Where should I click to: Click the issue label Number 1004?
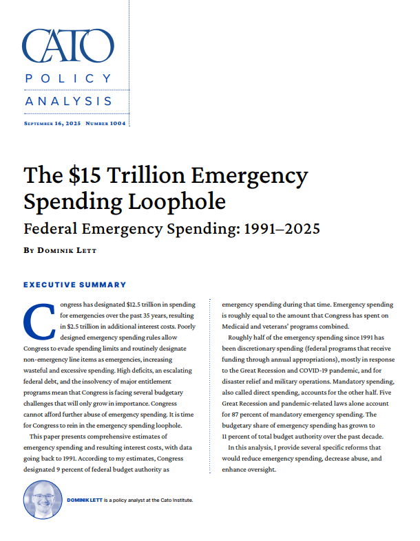pos(104,124)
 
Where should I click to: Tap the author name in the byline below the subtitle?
pos(67,251)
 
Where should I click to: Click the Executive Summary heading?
pos(75,285)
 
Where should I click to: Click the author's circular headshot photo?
pos(43,500)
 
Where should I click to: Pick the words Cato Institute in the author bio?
pos(173,500)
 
